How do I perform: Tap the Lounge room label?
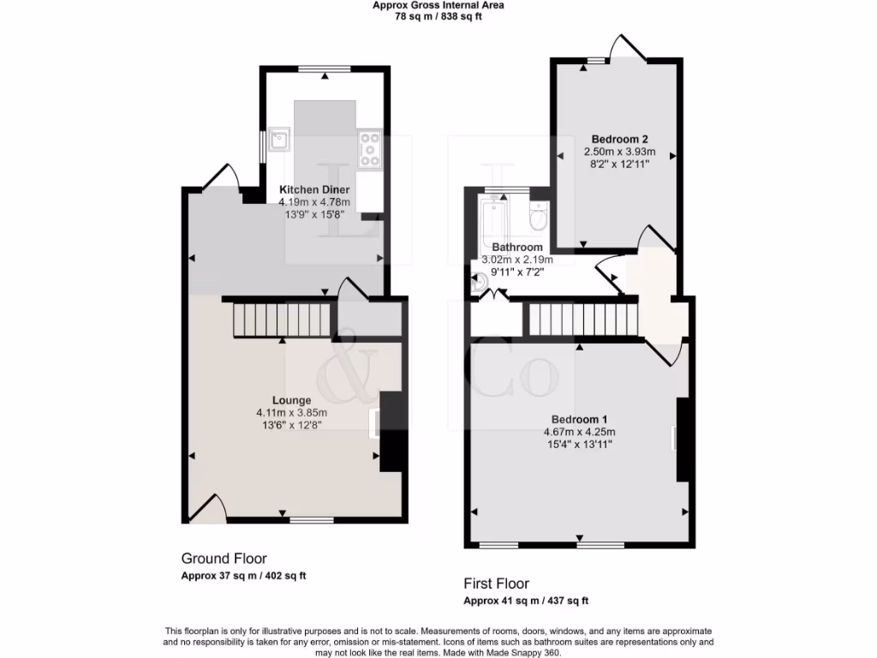pos(292,400)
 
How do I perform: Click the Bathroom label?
pos(517,248)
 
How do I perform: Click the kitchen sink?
pos(279,138)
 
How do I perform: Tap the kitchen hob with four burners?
pos(370,150)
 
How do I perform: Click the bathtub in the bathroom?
pos(495,218)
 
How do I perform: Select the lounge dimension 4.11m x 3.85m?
pos(291,412)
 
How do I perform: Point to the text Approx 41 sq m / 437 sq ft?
pos(526,601)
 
